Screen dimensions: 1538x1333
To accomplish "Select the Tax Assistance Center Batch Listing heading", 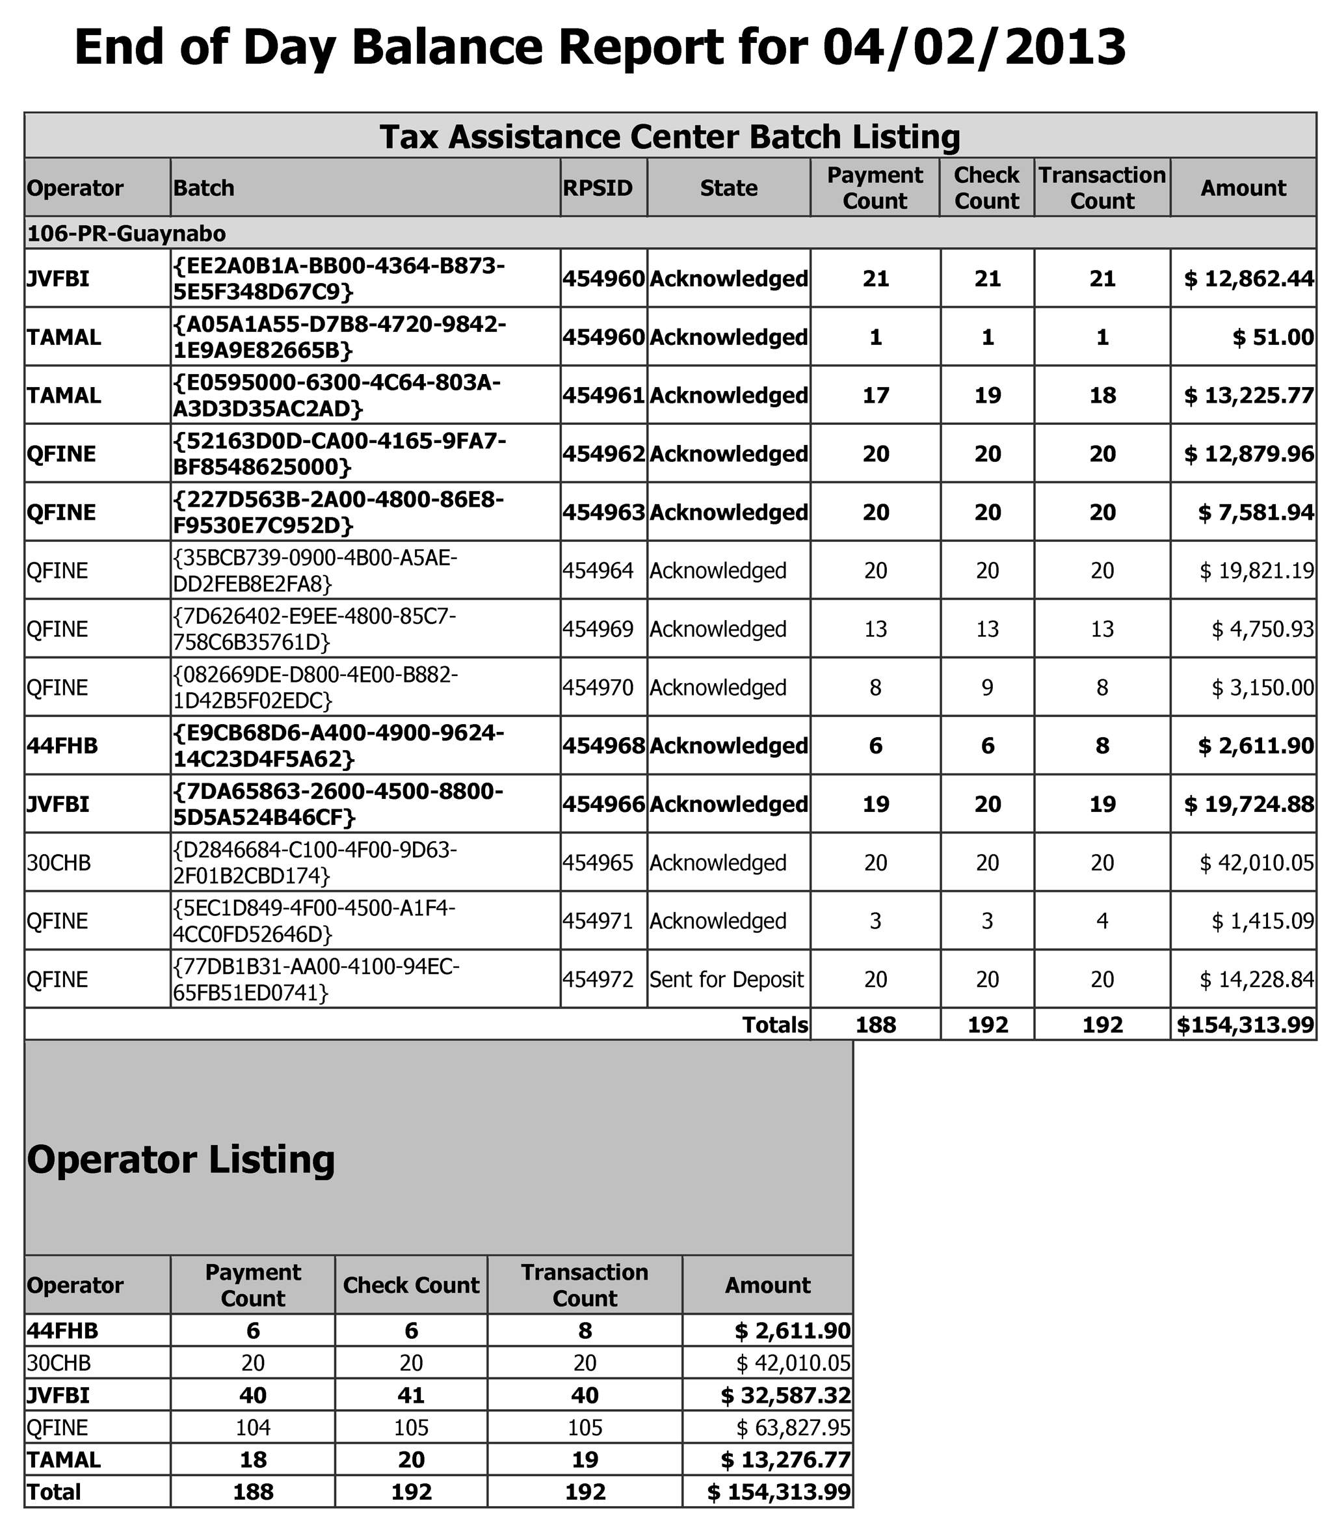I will tap(670, 137).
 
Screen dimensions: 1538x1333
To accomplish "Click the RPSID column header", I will tap(598, 187).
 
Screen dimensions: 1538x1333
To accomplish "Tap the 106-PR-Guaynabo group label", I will tap(126, 234).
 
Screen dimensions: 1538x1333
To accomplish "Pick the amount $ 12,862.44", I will tap(1249, 279).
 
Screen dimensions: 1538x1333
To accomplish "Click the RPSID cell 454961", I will tap(603, 395).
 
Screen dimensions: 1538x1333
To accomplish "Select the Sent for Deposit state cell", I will tap(727, 979).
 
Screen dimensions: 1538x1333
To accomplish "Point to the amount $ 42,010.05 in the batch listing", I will tap(1256, 863).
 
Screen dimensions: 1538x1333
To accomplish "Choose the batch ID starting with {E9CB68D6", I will tap(339, 746).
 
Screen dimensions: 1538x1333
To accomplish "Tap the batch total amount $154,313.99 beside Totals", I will tap(1245, 1025).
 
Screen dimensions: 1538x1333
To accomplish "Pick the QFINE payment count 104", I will tap(253, 1428).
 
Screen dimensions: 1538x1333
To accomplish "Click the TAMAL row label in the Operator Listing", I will tap(64, 1460).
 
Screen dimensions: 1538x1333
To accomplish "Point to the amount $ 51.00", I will tap(1273, 338).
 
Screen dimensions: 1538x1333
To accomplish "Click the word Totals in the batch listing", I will tap(775, 1025).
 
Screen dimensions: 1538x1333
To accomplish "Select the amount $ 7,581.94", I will tap(1256, 513).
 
